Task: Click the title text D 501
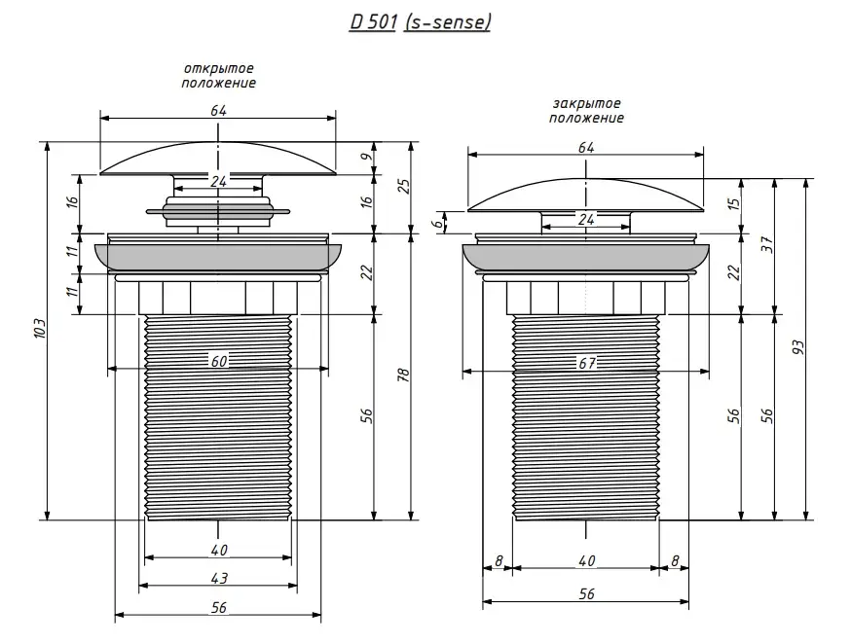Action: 373,21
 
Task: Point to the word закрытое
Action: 586,103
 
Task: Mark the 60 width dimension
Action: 219,361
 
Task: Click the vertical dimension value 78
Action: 402,376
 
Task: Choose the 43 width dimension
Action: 219,578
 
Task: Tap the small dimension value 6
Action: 439,222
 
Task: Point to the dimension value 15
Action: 734,204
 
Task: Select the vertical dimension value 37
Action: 766,245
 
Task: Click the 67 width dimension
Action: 585,363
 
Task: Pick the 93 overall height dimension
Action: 798,348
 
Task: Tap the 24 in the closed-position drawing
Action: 586,219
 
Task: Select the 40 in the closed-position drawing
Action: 586,559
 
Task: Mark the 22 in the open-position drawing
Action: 365,273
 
